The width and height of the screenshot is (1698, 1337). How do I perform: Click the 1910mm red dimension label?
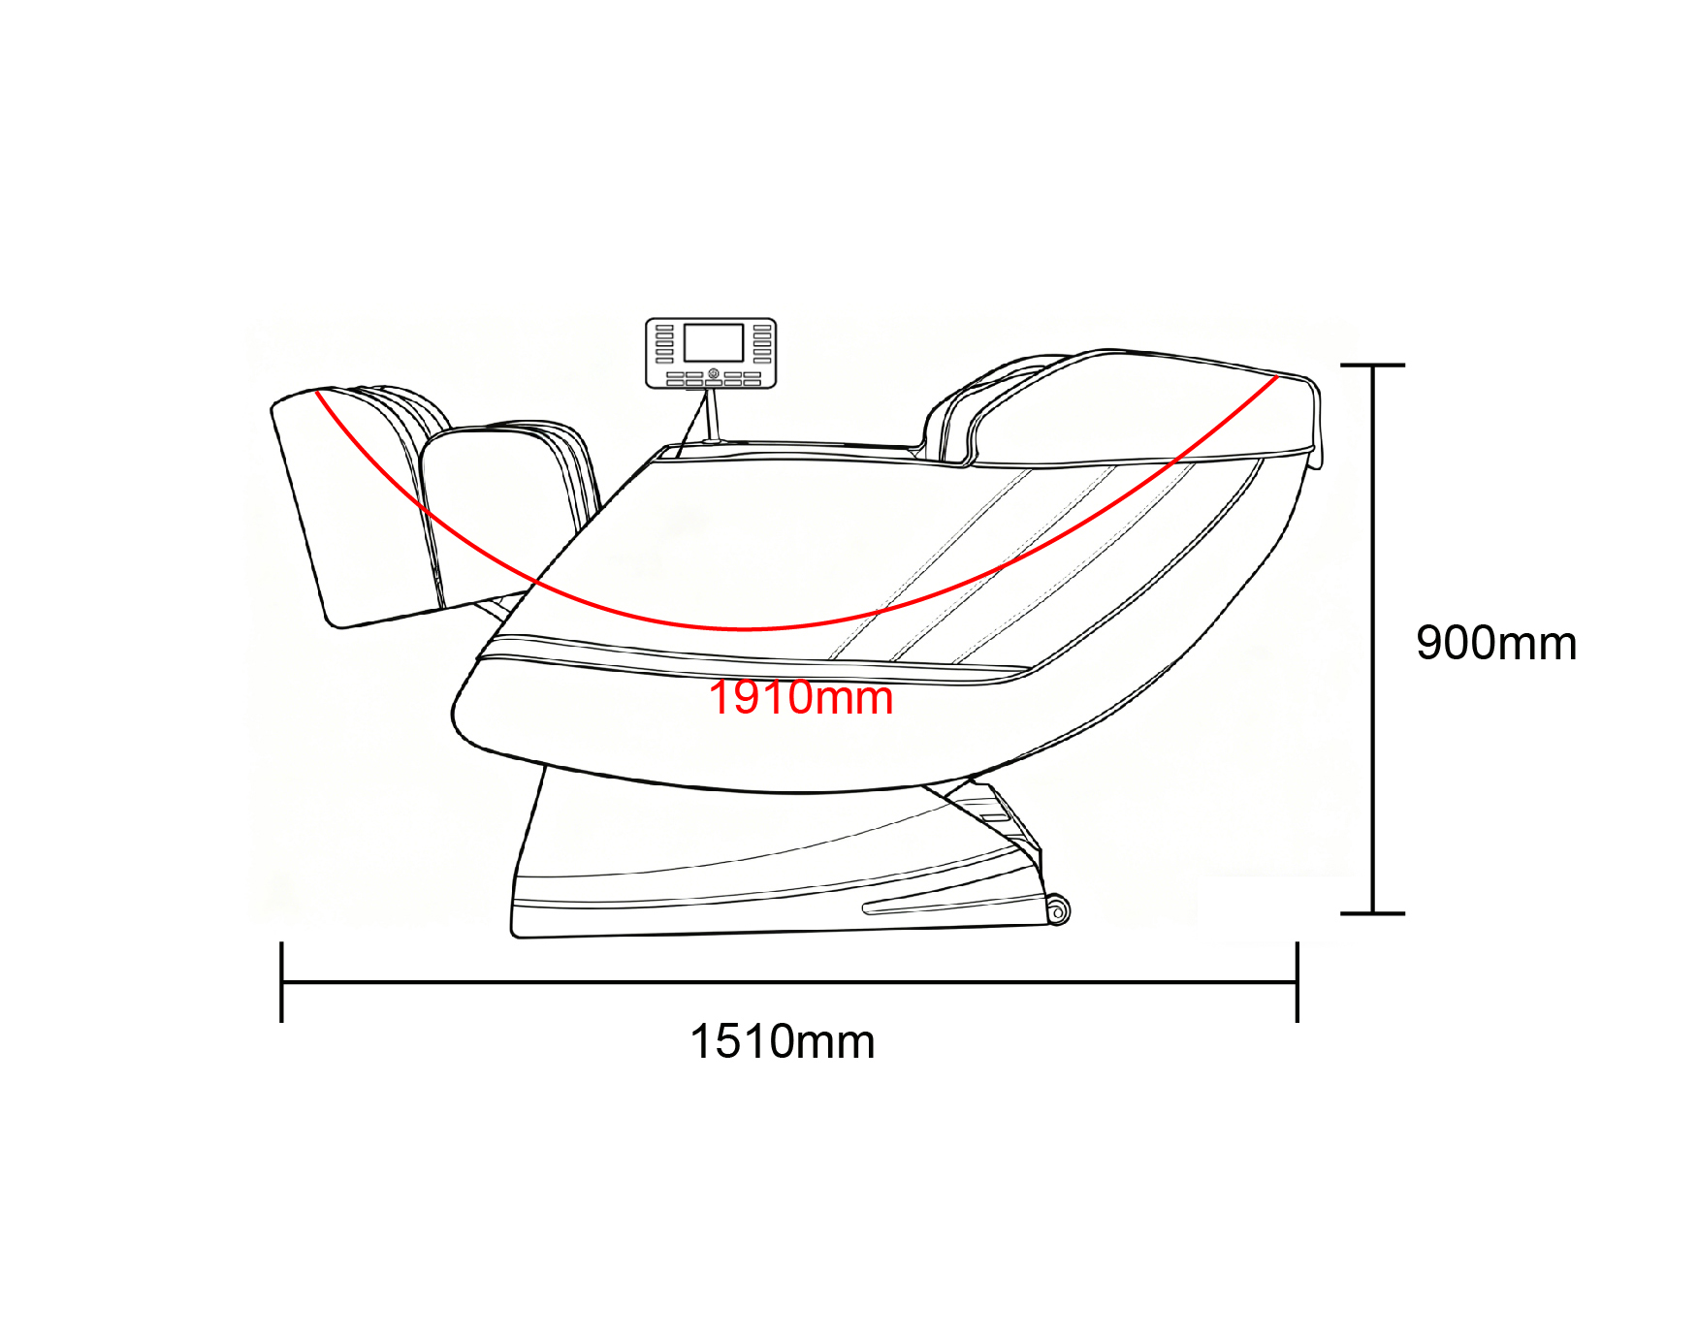(x=801, y=698)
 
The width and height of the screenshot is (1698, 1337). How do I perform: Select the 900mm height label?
(x=1496, y=643)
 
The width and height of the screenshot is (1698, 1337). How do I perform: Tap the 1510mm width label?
(x=783, y=1042)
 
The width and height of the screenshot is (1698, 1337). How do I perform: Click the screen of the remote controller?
(x=714, y=343)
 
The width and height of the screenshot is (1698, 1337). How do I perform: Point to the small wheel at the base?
(x=1058, y=911)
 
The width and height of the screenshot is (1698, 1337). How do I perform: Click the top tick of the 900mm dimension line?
(x=1372, y=366)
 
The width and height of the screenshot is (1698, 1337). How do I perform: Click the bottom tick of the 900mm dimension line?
(x=1372, y=913)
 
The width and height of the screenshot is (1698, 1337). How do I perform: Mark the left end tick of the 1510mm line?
(x=281, y=981)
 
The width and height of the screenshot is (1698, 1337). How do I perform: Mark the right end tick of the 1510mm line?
(x=1297, y=981)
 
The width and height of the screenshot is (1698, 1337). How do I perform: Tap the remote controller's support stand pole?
(x=715, y=415)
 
